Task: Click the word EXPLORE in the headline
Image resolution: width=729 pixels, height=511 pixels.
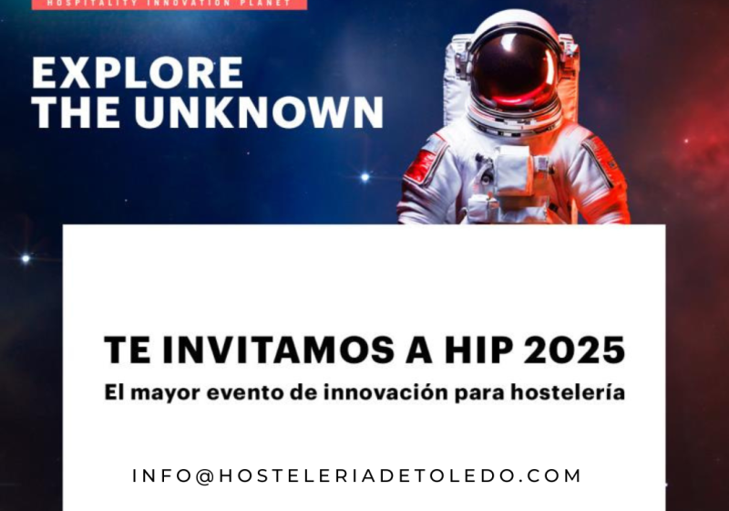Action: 138,73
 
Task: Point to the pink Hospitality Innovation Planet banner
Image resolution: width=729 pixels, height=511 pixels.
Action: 169,4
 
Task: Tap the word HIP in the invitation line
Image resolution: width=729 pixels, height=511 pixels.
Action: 481,350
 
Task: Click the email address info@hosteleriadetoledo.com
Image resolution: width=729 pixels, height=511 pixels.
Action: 356,476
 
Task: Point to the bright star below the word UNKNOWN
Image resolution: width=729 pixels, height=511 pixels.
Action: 364,176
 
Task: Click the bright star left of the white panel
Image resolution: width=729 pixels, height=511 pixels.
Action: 25,258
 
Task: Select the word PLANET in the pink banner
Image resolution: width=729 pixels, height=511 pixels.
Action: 268,4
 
